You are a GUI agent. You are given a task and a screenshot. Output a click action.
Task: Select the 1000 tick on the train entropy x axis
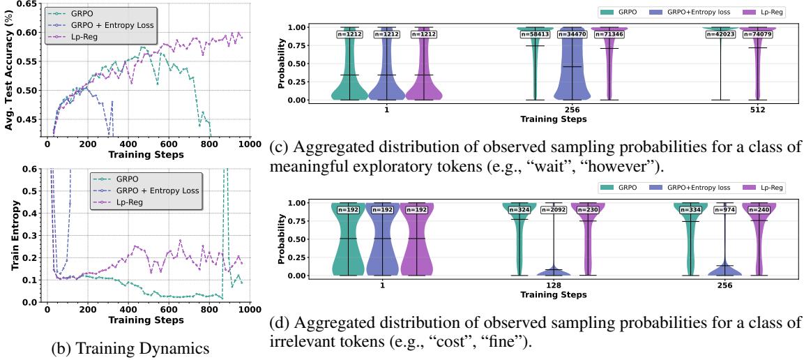point(245,310)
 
